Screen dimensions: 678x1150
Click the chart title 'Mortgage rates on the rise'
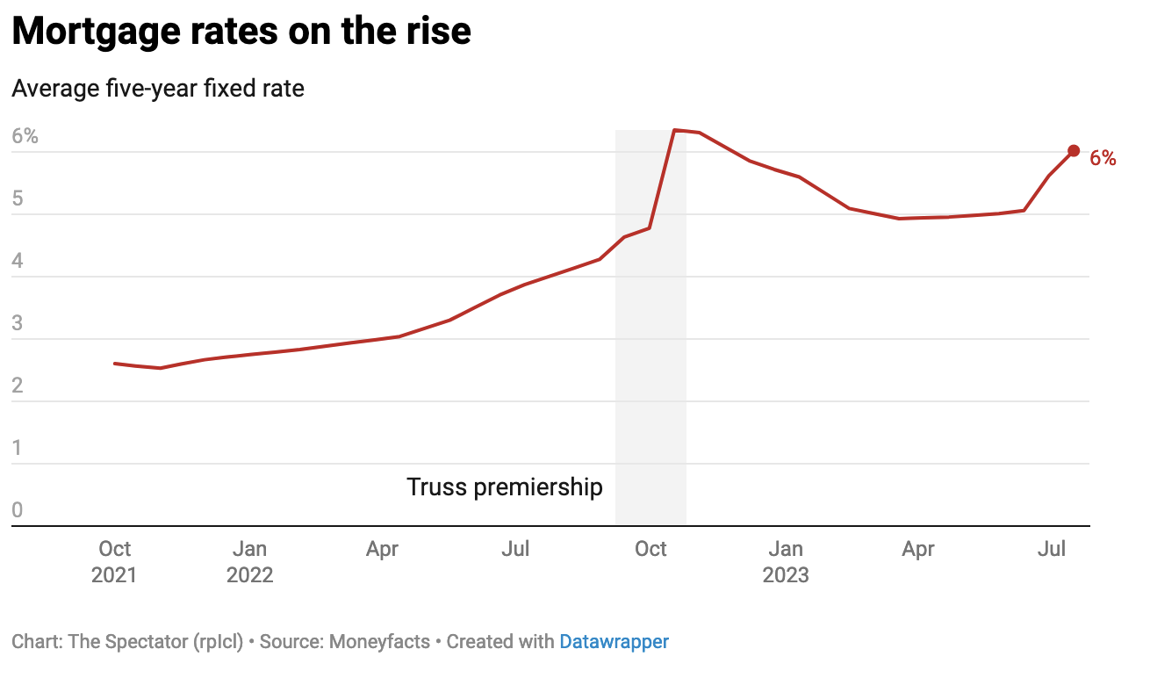[241, 32]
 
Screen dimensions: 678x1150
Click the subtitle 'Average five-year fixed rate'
[158, 89]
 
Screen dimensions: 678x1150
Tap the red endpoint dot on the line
[1074, 151]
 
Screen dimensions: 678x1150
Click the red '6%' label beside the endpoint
[1103, 159]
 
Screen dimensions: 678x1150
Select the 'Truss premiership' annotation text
[505, 487]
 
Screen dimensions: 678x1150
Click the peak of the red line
[673, 131]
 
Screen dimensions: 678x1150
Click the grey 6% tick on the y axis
[25, 137]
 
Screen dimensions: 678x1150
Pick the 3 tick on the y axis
[17, 324]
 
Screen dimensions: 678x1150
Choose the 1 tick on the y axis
[17, 449]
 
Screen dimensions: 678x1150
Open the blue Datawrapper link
[614, 642]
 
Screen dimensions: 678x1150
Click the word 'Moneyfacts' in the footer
[379, 642]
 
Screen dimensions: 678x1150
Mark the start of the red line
[115, 363]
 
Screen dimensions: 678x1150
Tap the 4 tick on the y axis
[17, 262]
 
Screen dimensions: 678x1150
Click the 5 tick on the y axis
[17, 199]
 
